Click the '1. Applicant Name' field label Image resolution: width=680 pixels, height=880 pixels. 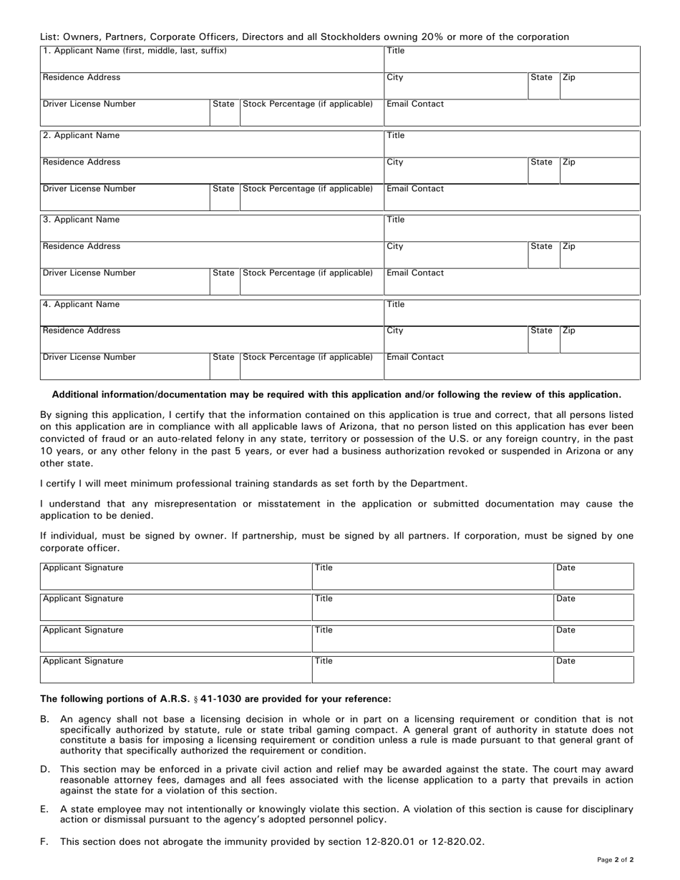(135, 51)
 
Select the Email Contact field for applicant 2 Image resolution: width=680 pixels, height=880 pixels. (512, 197)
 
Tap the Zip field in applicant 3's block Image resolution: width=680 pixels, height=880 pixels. (600, 255)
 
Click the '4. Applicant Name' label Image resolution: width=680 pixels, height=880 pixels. (81, 305)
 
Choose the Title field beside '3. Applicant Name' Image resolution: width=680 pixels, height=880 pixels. (512, 229)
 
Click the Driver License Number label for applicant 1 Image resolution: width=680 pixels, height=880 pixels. (89, 104)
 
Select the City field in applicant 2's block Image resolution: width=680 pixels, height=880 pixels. (456, 171)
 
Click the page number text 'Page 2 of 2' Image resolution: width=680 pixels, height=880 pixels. (615, 859)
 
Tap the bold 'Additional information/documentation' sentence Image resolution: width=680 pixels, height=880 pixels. (336, 394)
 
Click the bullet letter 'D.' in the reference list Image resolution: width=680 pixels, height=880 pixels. (45, 770)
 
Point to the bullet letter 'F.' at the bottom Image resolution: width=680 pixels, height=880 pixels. (44, 842)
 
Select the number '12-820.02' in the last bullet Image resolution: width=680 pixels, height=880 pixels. (458, 842)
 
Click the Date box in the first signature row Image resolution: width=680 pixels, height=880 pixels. (593, 577)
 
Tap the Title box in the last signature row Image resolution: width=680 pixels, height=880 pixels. (432, 670)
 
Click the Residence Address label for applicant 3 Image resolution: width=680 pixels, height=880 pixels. (82, 247)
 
